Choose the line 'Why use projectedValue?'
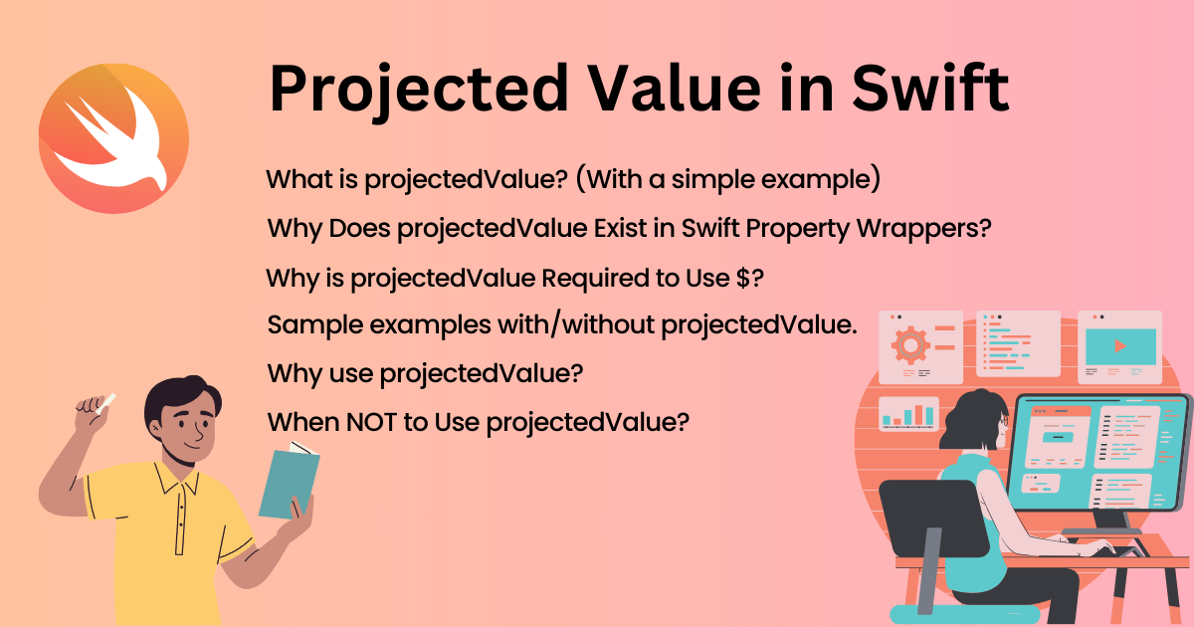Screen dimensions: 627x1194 coord(425,373)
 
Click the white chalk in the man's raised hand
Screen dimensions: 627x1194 coord(103,401)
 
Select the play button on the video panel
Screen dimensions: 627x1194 coord(1120,346)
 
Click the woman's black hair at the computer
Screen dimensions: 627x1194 coord(969,423)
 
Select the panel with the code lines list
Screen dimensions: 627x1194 coord(1017,343)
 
